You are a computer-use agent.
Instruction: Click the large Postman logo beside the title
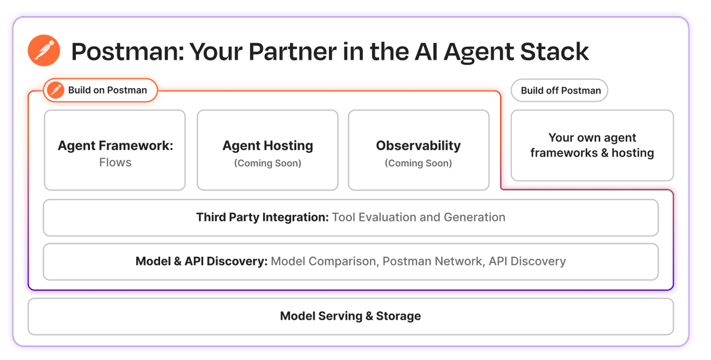click(44, 52)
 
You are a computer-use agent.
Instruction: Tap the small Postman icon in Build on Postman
click(57, 91)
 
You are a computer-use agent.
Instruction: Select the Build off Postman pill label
click(561, 91)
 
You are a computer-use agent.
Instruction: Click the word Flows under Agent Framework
click(115, 162)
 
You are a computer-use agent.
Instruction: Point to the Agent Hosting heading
click(268, 146)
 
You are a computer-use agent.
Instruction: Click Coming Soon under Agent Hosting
click(268, 163)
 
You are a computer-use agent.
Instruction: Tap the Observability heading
click(418, 146)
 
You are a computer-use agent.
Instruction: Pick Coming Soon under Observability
click(418, 163)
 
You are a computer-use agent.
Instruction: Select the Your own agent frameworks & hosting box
click(592, 146)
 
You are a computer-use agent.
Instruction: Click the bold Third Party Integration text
click(262, 217)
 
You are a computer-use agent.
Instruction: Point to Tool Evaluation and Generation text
click(418, 217)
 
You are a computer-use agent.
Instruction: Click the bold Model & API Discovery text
click(201, 261)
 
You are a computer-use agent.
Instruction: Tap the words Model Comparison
click(323, 261)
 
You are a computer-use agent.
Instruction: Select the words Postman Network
click(432, 261)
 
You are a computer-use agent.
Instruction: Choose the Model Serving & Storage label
click(351, 316)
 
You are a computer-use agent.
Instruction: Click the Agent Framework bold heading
click(115, 146)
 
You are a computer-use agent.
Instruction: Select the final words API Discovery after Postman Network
click(527, 261)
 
